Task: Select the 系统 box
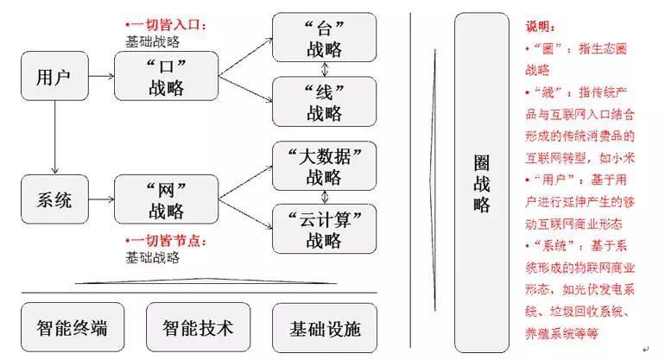tap(54, 200)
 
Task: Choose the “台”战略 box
tap(324, 37)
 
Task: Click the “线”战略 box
tap(324, 101)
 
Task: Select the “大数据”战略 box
tap(324, 166)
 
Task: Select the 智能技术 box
tap(198, 328)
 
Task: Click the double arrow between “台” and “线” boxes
tap(324, 69)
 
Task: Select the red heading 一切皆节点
tap(168, 241)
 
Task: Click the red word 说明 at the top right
tap(541, 28)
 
